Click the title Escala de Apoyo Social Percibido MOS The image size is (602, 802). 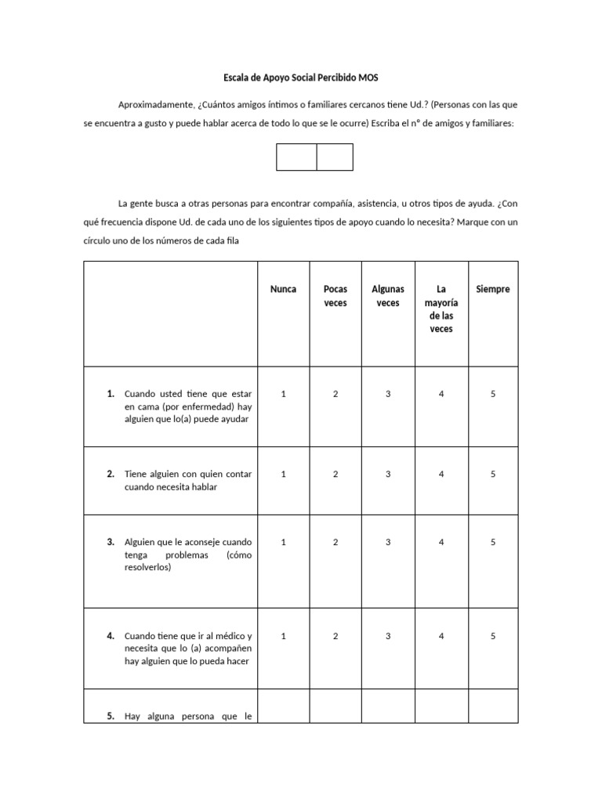point(300,78)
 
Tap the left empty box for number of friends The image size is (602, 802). point(296,157)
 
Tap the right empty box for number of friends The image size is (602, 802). point(335,157)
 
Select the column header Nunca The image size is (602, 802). point(283,289)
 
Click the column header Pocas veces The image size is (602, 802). point(335,296)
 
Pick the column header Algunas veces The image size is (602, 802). point(388,296)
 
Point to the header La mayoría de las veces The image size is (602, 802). point(441,309)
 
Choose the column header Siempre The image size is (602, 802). point(493,289)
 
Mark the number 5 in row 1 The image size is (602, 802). point(493,394)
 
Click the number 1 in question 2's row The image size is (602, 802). point(283,474)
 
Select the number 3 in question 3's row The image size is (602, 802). point(388,542)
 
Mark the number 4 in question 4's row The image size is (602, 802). point(441,636)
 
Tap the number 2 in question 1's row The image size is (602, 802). point(335,394)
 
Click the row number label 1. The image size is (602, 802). point(111,394)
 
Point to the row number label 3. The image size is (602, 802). point(111,542)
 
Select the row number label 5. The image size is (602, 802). point(111,716)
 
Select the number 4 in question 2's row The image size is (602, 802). point(441,474)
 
